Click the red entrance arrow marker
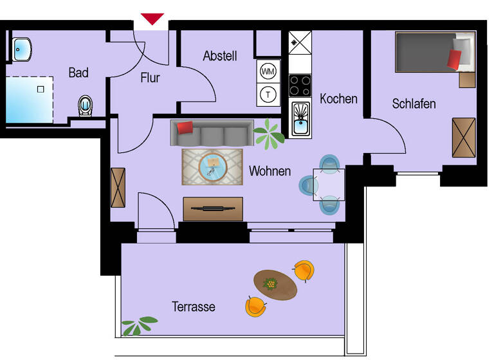click(x=152, y=19)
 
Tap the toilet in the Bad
click(x=85, y=105)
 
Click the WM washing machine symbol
click(x=268, y=71)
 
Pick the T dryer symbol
click(x=268, y=94)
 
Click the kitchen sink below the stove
click(x=300, y=118)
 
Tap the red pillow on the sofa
click(x=185, y=127)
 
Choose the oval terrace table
click(x=275, y=284)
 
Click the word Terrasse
click(x=193, y=307)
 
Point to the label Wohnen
click(x=270, y=172)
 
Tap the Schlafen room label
click(x=414, y=104)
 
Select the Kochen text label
click(x=338, y=99)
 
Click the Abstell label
click(x=220, y=56)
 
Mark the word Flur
click(x=150, y=78)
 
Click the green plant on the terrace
click(x=139, y=325)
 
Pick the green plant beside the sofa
click(x=269, y=133)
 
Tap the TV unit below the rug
click(x=213, y=208)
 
